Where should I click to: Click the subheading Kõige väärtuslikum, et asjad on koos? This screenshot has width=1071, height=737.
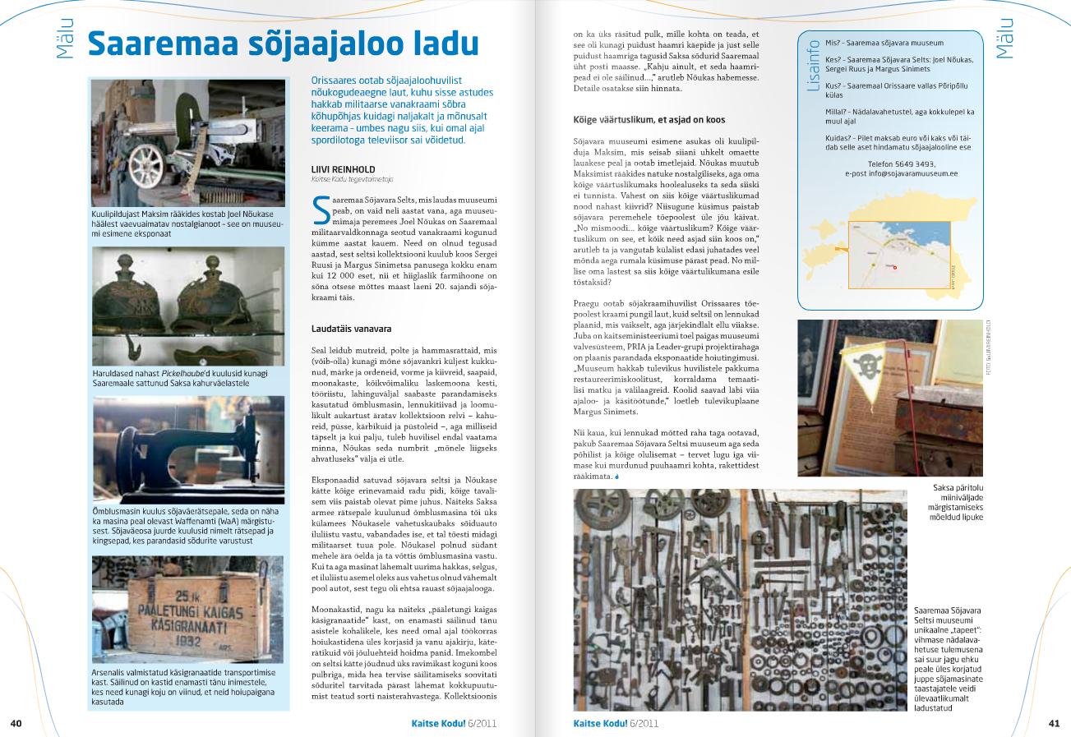pyautogui.click(x=649, y=120)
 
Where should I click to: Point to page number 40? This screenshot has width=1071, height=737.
pyautogui.click(x=16, y=723)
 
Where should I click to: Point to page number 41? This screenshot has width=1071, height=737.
pyautogui.click(x=1055, y=723)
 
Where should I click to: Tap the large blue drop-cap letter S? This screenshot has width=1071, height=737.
pyautogui.click(x=321, y=210)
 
